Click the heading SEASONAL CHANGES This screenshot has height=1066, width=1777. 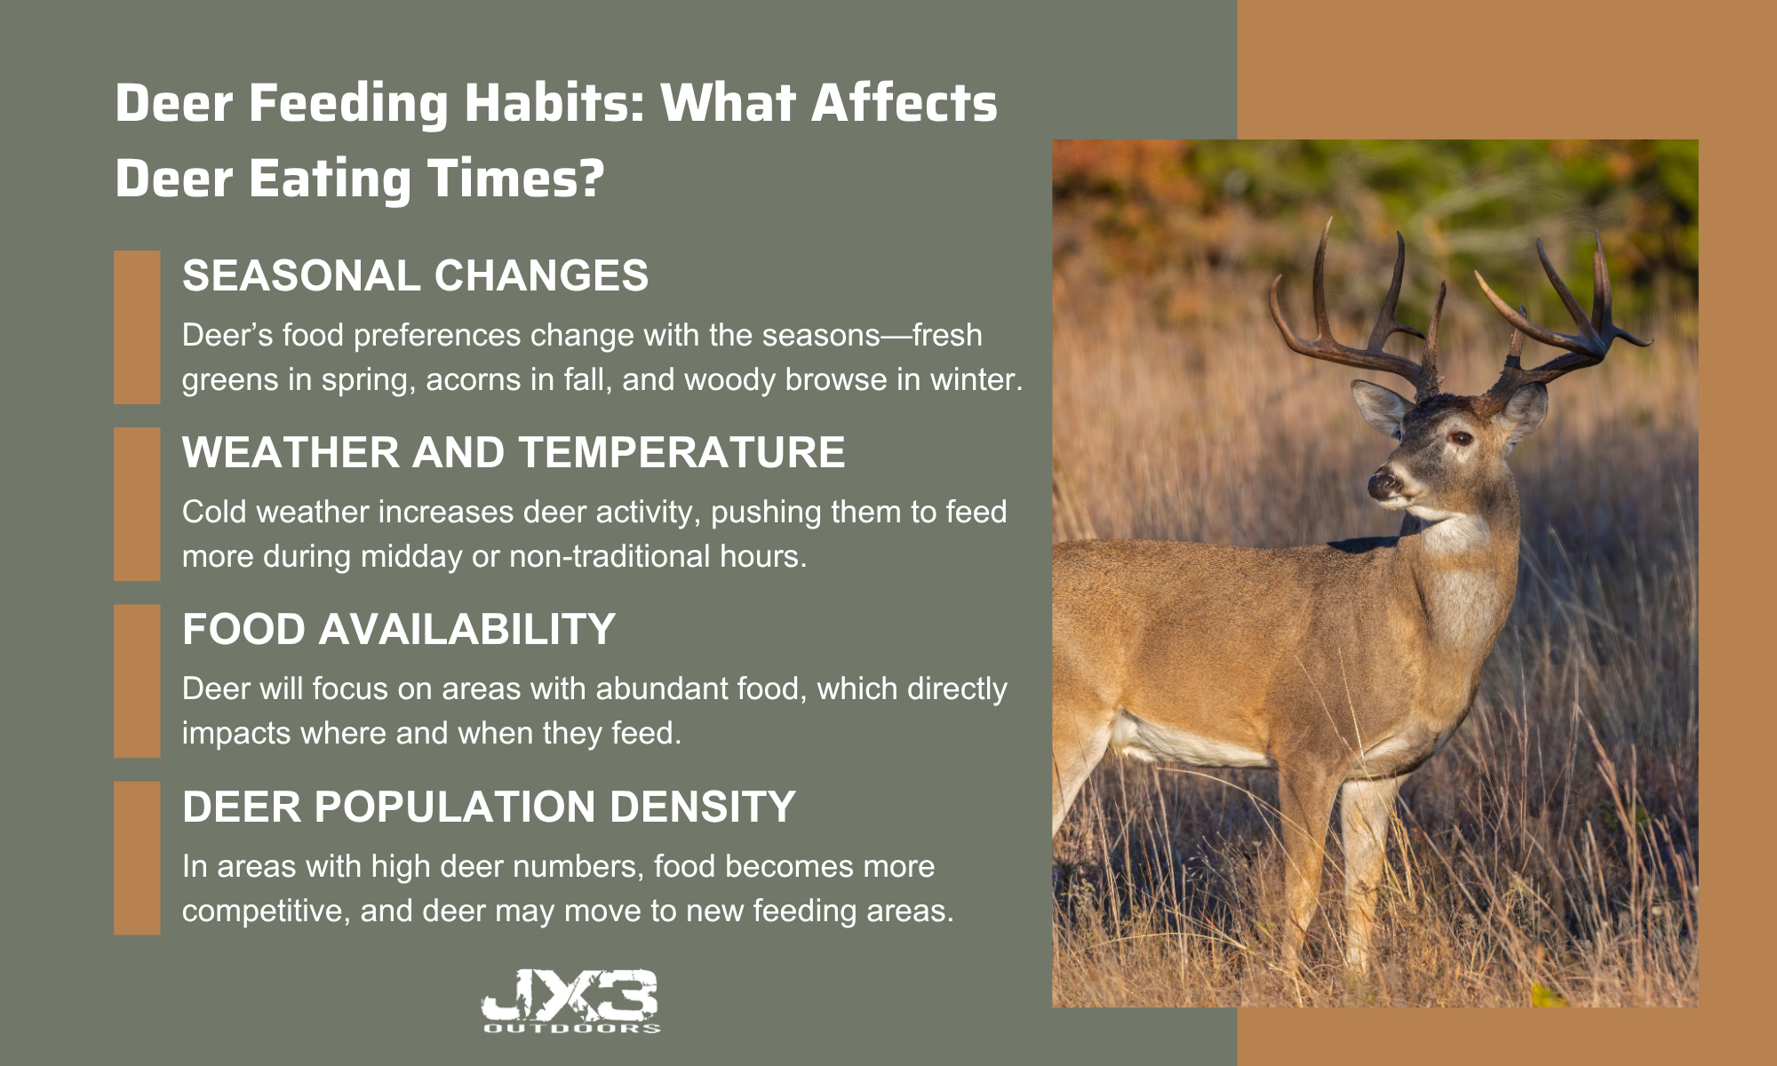coord(415,275)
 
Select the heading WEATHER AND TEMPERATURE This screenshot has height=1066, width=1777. coord(514,452)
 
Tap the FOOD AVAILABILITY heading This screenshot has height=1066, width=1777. coord(399,629)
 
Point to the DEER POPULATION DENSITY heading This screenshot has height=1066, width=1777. coord(489,807)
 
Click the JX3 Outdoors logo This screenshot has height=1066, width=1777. coord(570,1001)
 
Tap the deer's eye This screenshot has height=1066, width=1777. coord(1461,438)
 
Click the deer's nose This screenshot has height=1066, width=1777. coord(1383,485)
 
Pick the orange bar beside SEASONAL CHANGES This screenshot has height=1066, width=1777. coord(137,327)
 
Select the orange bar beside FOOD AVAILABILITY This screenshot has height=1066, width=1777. coord(137,681)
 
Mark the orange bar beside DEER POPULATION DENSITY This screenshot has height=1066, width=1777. coord(137,858)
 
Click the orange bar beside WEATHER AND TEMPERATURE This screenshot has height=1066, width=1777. coord(137,504)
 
